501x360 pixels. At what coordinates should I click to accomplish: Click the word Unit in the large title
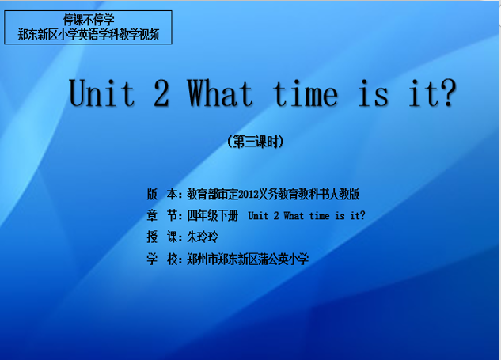point(101,93)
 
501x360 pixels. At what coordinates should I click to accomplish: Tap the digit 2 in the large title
point(161,93)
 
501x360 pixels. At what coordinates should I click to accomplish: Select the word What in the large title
point(220,93)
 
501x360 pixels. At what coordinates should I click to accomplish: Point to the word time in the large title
point(306,93)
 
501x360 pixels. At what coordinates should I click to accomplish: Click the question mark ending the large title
point(447,93)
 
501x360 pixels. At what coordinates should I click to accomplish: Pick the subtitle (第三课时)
point(256,142)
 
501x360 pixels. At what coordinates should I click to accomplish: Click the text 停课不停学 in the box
point(89,20)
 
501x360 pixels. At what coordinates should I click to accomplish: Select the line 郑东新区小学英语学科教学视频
point(88,35)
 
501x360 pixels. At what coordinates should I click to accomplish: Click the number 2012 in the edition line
point(248,194)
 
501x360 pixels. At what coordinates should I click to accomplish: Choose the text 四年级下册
point(213,216)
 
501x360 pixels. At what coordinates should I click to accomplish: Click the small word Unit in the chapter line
point(258,216)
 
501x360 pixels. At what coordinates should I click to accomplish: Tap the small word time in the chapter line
point(319,216)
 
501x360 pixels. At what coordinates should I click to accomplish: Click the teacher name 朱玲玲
point(203,237)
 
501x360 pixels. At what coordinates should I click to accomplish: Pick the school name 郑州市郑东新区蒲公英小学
point(248,259)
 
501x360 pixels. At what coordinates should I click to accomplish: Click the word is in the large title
point(374,93)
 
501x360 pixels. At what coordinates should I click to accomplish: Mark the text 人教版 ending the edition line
point(344,194)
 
